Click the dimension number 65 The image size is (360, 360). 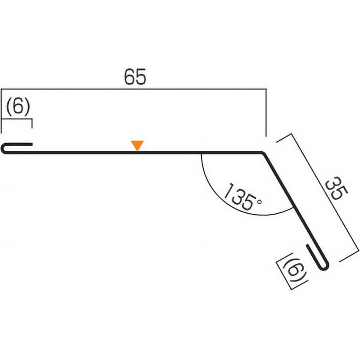135,76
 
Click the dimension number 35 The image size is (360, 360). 337,188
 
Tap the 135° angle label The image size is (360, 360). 243,197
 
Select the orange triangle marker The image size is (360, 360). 137,145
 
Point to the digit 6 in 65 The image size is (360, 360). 129,76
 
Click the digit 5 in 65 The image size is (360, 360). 140,76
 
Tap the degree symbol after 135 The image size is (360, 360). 259,202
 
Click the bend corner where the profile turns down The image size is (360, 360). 263,153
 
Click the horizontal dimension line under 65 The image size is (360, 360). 134,89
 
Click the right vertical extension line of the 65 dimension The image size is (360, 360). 266,112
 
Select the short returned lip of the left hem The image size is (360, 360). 19,144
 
